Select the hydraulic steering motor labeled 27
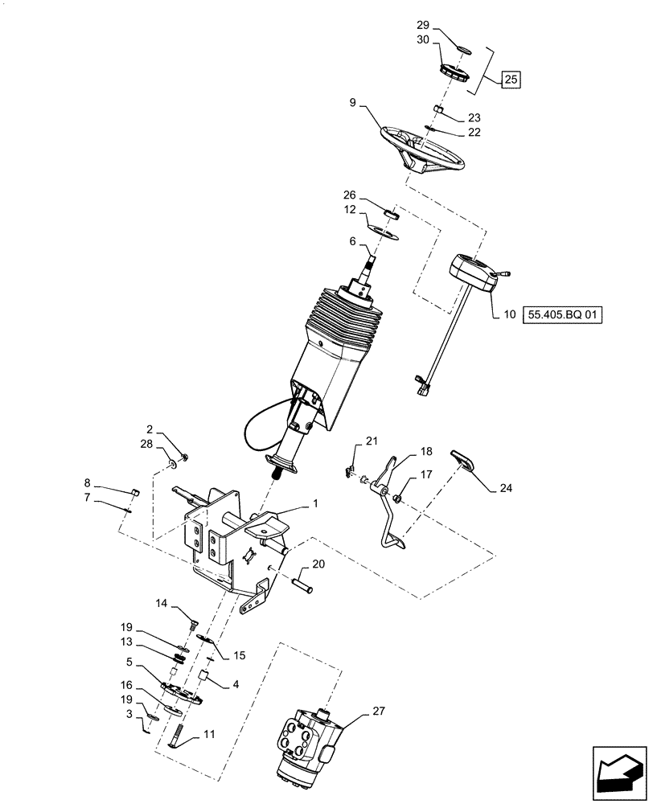pyautogui.click(x=309, y=739)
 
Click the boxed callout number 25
pyautogui.click(x=511, y=80)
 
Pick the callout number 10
pyautogui.click(x=508, y=314)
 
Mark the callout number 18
pyautogui.click(x=426, y=453)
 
